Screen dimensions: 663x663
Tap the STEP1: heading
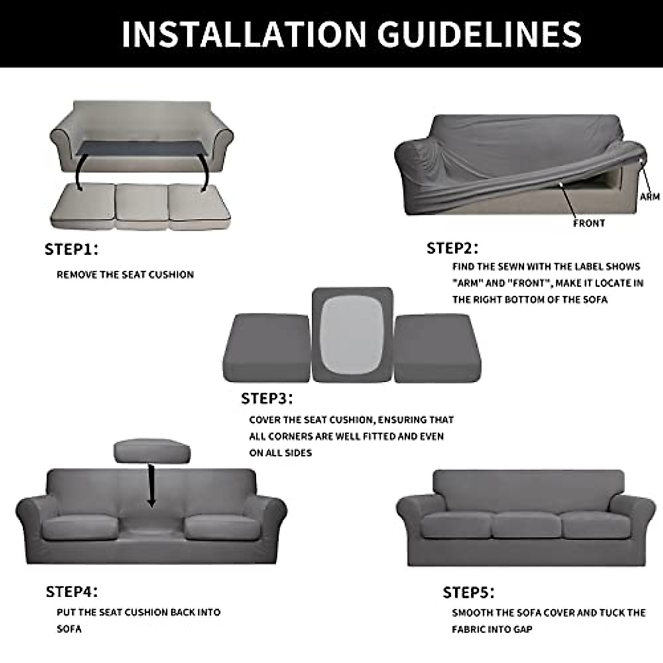point(71,249)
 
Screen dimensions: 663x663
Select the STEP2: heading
point(452,248)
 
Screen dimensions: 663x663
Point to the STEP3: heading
point(267,398)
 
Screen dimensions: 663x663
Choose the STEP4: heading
point(72,592)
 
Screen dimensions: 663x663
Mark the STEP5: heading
point(469,593)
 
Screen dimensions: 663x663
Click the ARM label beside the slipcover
point(649,197)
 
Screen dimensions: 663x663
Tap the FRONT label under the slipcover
point(588,223)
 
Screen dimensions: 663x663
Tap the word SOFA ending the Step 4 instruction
point(69,629)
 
